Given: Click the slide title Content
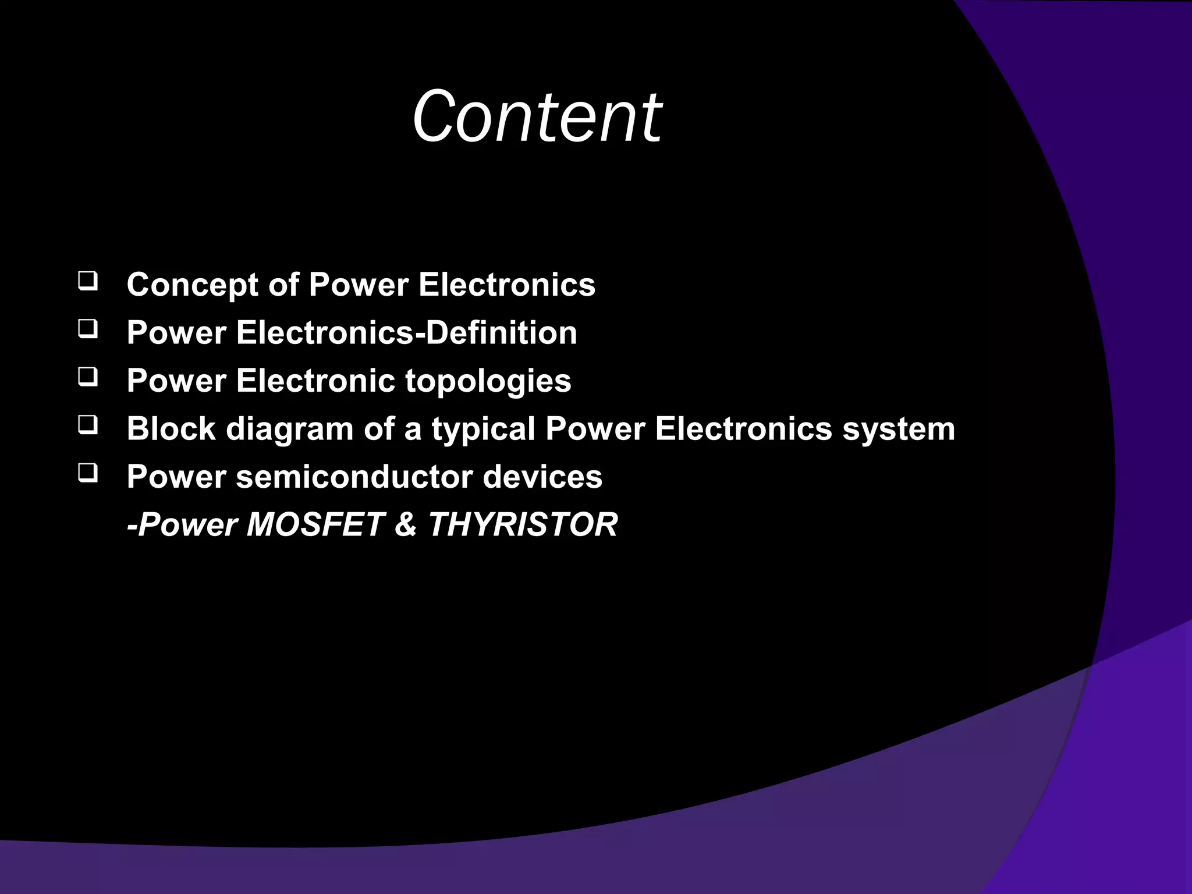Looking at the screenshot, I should click(x=537, y=116).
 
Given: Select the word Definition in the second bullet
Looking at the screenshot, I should click(x=502, y=333).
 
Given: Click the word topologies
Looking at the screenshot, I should click(x=488, y=382).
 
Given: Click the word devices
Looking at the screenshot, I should click(x=542, y=477).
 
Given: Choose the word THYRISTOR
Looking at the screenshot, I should click(x=523, y=524).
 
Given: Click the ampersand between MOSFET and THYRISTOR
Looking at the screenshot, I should click(x=405, y=524).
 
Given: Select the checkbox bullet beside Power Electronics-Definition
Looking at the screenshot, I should click(x=87, y=330).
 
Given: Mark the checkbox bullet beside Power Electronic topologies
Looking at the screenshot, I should click(x=87, y=378).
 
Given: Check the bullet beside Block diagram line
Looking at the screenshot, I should click(x=87, y=426).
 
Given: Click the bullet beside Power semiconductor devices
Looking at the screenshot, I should click(x=87, y=474).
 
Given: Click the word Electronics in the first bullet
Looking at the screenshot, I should click(x=506, y=285).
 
